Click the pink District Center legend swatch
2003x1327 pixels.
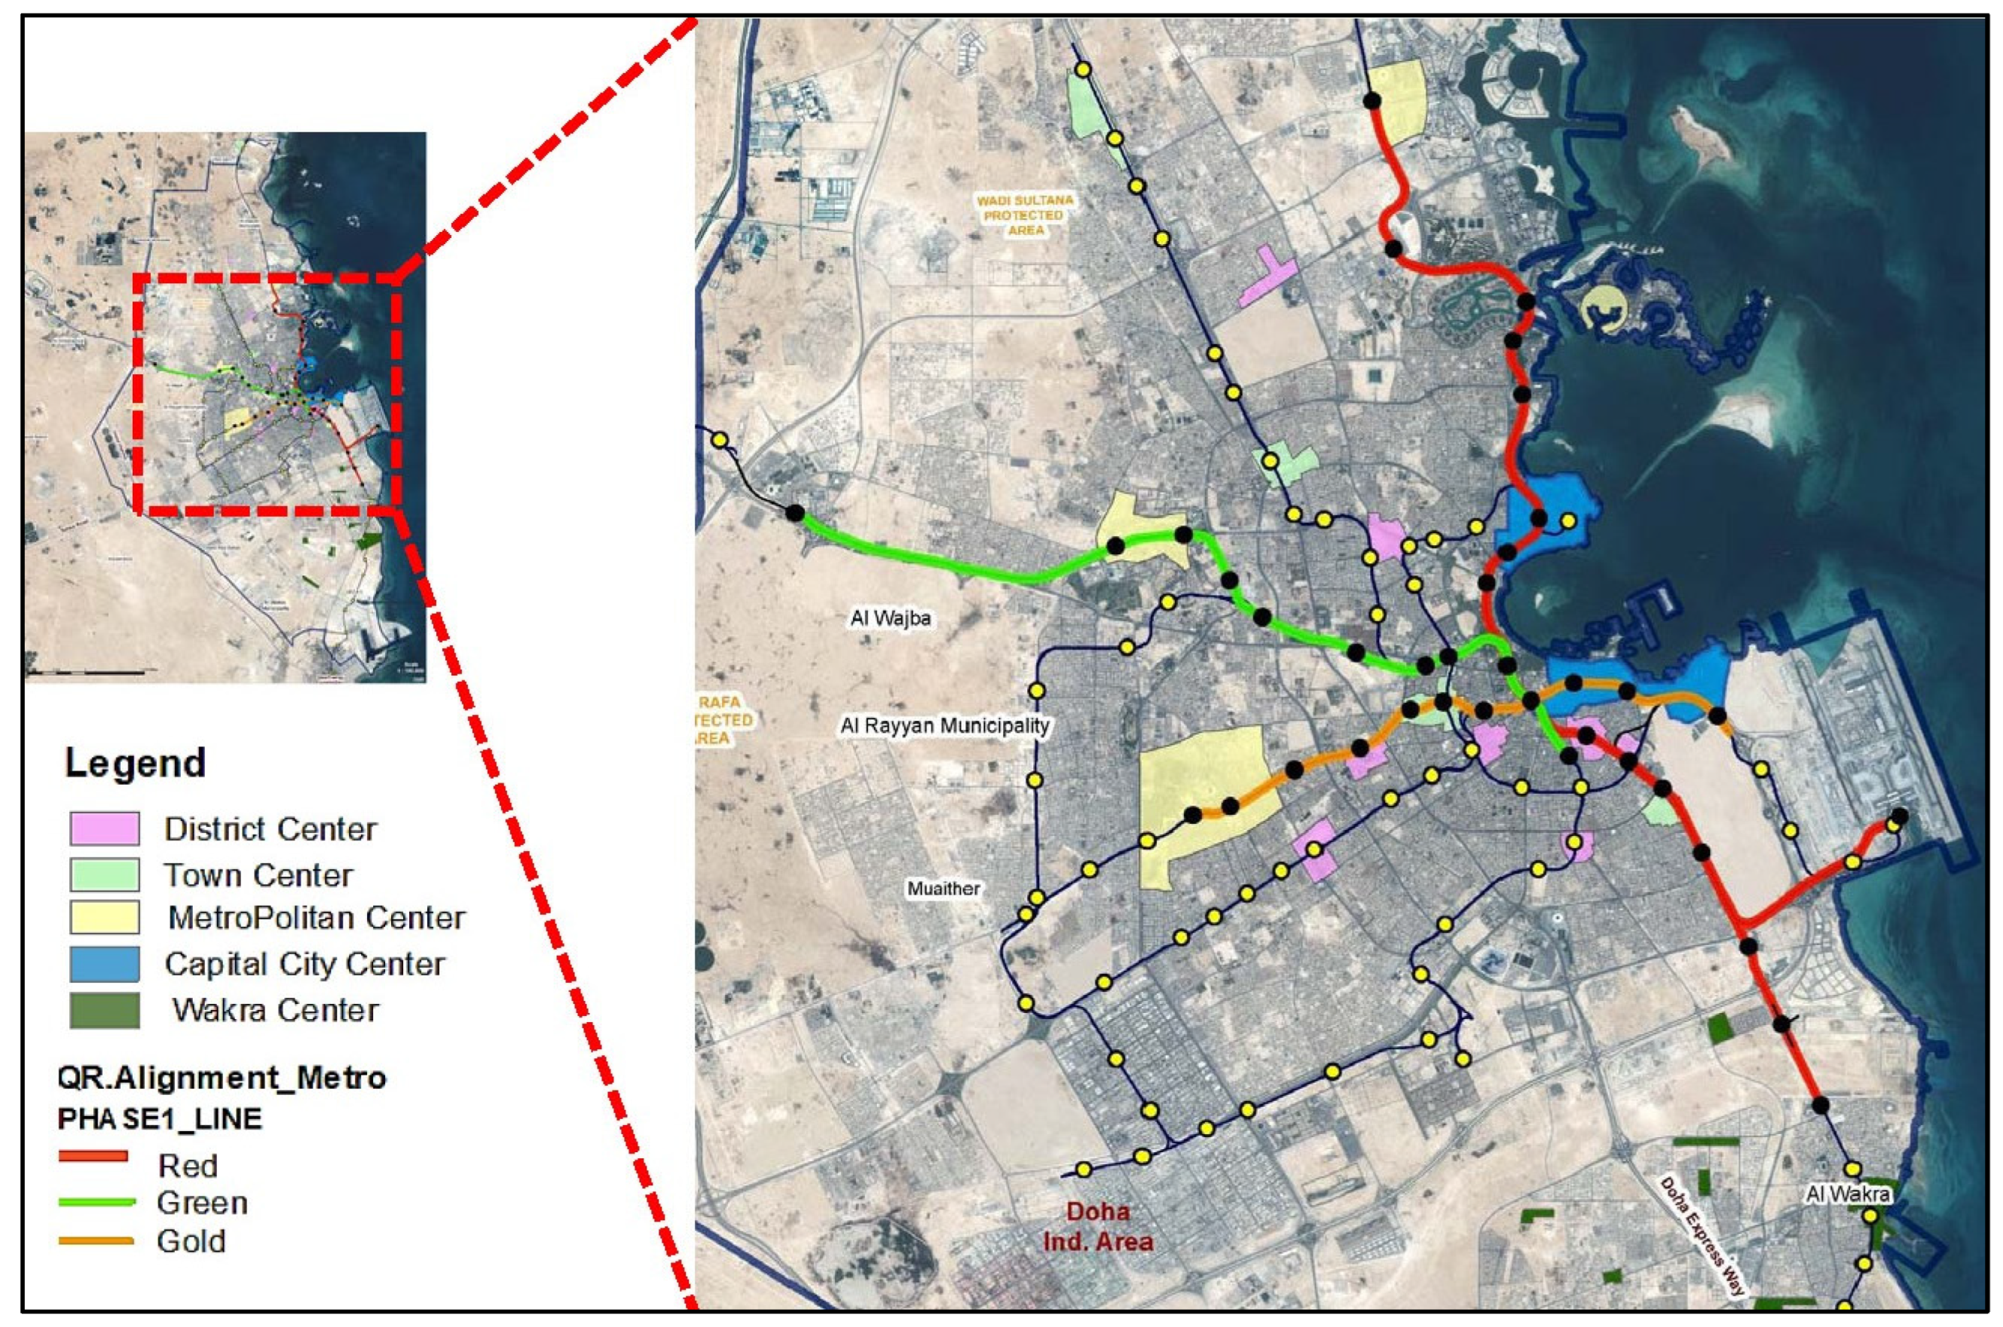(104, 828)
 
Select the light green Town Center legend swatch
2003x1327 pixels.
(104, 874)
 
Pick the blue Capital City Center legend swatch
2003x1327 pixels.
(104, 964)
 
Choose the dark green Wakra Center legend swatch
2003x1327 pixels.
(104, 1010)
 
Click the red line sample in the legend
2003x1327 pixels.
(93, 1155)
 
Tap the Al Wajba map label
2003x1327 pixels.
(890, 618)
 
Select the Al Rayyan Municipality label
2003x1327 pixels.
(944, 725)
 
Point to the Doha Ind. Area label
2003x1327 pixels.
(1098, 1226)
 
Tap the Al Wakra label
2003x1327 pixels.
(1848, 1194)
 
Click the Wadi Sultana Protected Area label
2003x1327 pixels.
(1024, 215)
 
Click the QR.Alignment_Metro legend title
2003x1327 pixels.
(222, 1078)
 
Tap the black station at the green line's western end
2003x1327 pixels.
(794, 513)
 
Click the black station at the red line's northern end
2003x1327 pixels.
(1372, 101)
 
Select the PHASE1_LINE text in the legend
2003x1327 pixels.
(160, 1119)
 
